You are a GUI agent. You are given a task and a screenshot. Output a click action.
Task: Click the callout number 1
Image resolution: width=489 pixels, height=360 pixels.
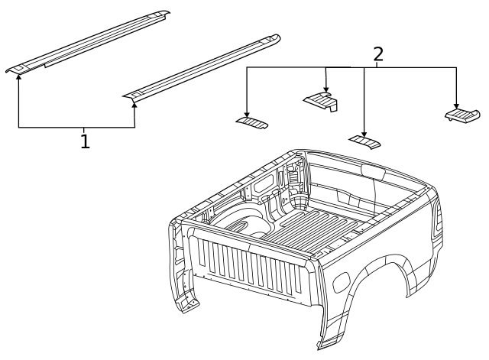pos(85,141)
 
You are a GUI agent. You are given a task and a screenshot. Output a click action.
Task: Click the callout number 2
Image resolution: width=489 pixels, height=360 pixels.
pos(377,54)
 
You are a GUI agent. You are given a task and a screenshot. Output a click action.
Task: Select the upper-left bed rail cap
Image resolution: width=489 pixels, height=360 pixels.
pos(88,43)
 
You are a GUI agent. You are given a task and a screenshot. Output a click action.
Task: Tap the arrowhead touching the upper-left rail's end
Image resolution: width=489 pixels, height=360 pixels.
pos(19,76)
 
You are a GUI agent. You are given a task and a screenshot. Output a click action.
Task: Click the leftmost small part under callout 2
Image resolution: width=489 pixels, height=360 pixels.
pos(251,122)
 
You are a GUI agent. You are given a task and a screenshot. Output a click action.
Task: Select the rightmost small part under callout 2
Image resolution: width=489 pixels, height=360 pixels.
pos(461,115)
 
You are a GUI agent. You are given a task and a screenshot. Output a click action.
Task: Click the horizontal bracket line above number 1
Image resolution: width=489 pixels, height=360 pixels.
pos(76,128)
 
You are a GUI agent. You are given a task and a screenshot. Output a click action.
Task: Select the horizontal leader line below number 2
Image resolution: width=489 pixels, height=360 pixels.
pos(351,67)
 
